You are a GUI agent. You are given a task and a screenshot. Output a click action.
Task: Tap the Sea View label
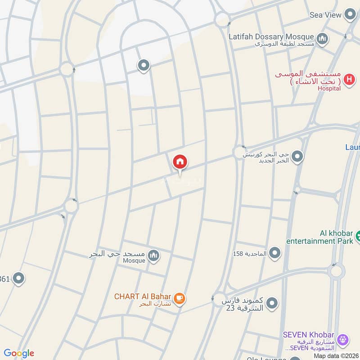326,15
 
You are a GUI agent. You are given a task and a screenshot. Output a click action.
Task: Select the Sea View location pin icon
350,15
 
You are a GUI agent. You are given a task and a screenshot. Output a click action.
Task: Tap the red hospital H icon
348,80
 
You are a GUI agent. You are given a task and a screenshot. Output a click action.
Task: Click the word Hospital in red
329,89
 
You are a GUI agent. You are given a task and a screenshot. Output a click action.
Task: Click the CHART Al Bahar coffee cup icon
179,298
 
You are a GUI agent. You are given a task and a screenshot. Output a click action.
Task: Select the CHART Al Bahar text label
142,297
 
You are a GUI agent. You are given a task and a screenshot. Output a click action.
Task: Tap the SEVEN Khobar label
308,335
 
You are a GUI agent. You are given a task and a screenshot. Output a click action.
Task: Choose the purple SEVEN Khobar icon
343,339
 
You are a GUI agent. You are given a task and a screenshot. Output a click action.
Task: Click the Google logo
18,353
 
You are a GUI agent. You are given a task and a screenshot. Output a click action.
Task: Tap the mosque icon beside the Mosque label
154,256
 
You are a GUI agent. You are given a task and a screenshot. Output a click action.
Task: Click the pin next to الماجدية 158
274,253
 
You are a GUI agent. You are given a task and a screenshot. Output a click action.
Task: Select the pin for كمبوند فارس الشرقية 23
271,304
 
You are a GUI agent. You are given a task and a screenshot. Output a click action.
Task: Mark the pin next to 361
18,279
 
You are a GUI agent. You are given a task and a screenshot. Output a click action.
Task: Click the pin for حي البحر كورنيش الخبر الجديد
297,157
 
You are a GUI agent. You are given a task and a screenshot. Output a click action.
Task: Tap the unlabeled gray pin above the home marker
144,66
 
